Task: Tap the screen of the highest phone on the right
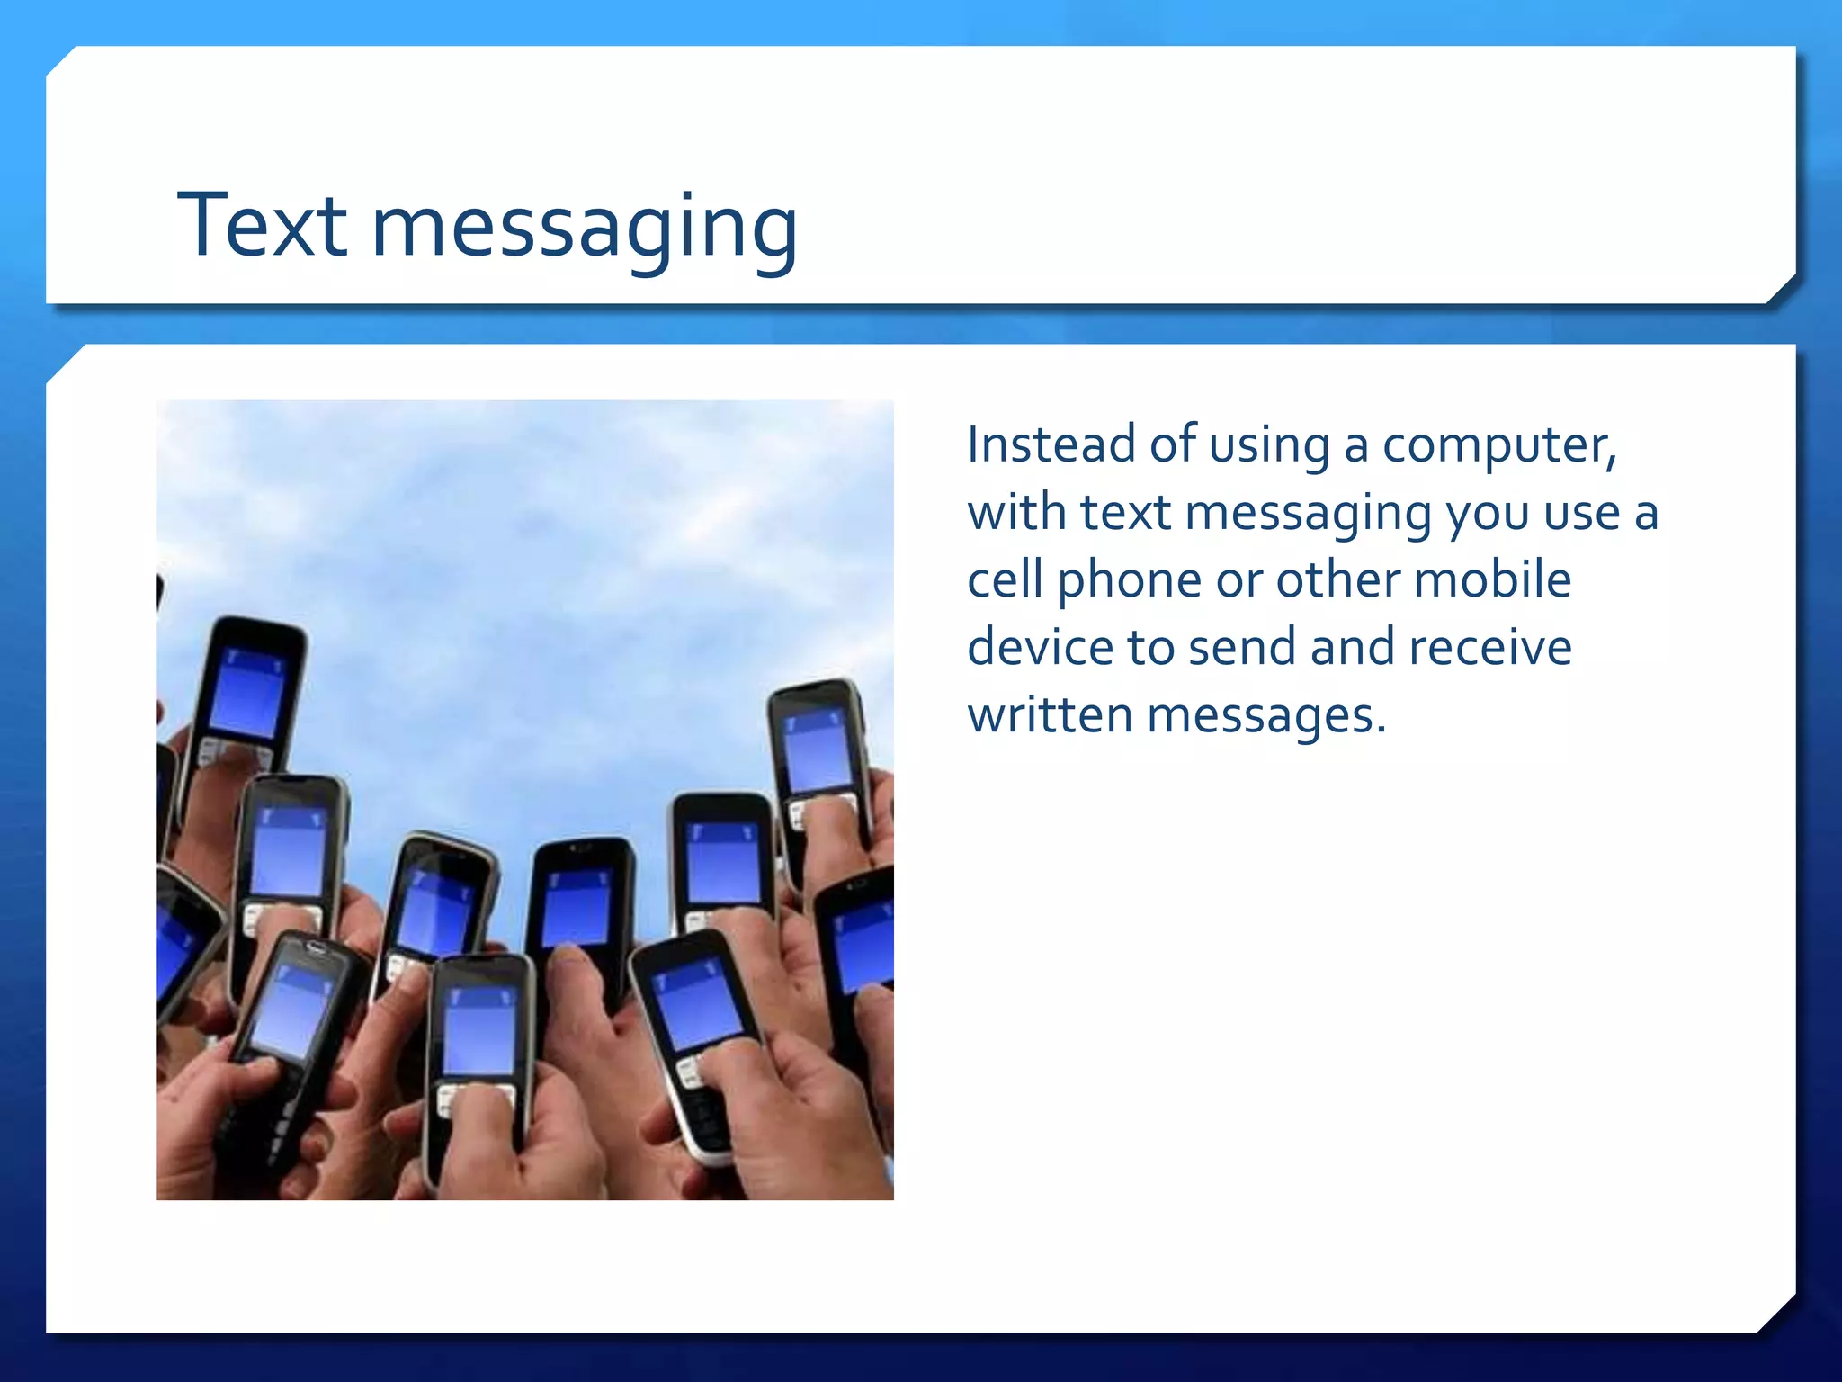tap(817, 749)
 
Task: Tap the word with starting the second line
tap(1016, 512)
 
